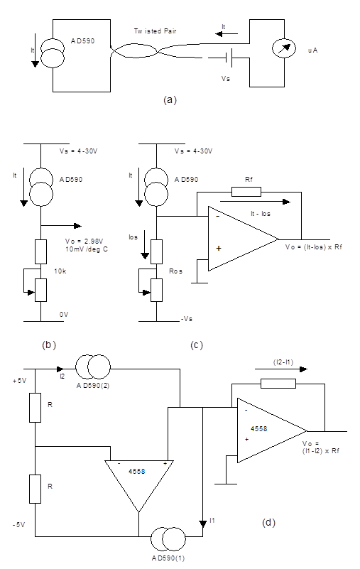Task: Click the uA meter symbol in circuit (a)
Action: tap(284, 50)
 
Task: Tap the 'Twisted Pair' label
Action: tap(155, 31)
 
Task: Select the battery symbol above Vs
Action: tap(228, 58)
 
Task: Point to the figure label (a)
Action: tap(170, 99)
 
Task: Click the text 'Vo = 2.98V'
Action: tap(84, 242)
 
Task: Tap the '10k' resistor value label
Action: tap(60, 271)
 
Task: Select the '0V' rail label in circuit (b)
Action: tap(64, 315)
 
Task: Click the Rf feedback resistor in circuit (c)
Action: tap(246, 192)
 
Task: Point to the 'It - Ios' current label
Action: tap(261, 214)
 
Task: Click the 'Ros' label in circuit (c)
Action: tap(175, 271)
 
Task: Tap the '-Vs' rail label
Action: tap(187, 319)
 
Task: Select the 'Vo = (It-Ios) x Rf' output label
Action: tap(314, 247)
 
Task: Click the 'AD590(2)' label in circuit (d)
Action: tap(93, 386)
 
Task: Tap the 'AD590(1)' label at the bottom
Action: tap(168, 558)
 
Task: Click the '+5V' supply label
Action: tap(19, 381)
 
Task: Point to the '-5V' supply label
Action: tap(18, 525)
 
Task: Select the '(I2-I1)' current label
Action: tap(283, 362)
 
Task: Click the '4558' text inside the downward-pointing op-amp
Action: tap(136, 472)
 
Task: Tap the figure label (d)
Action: tap(268, 523)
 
